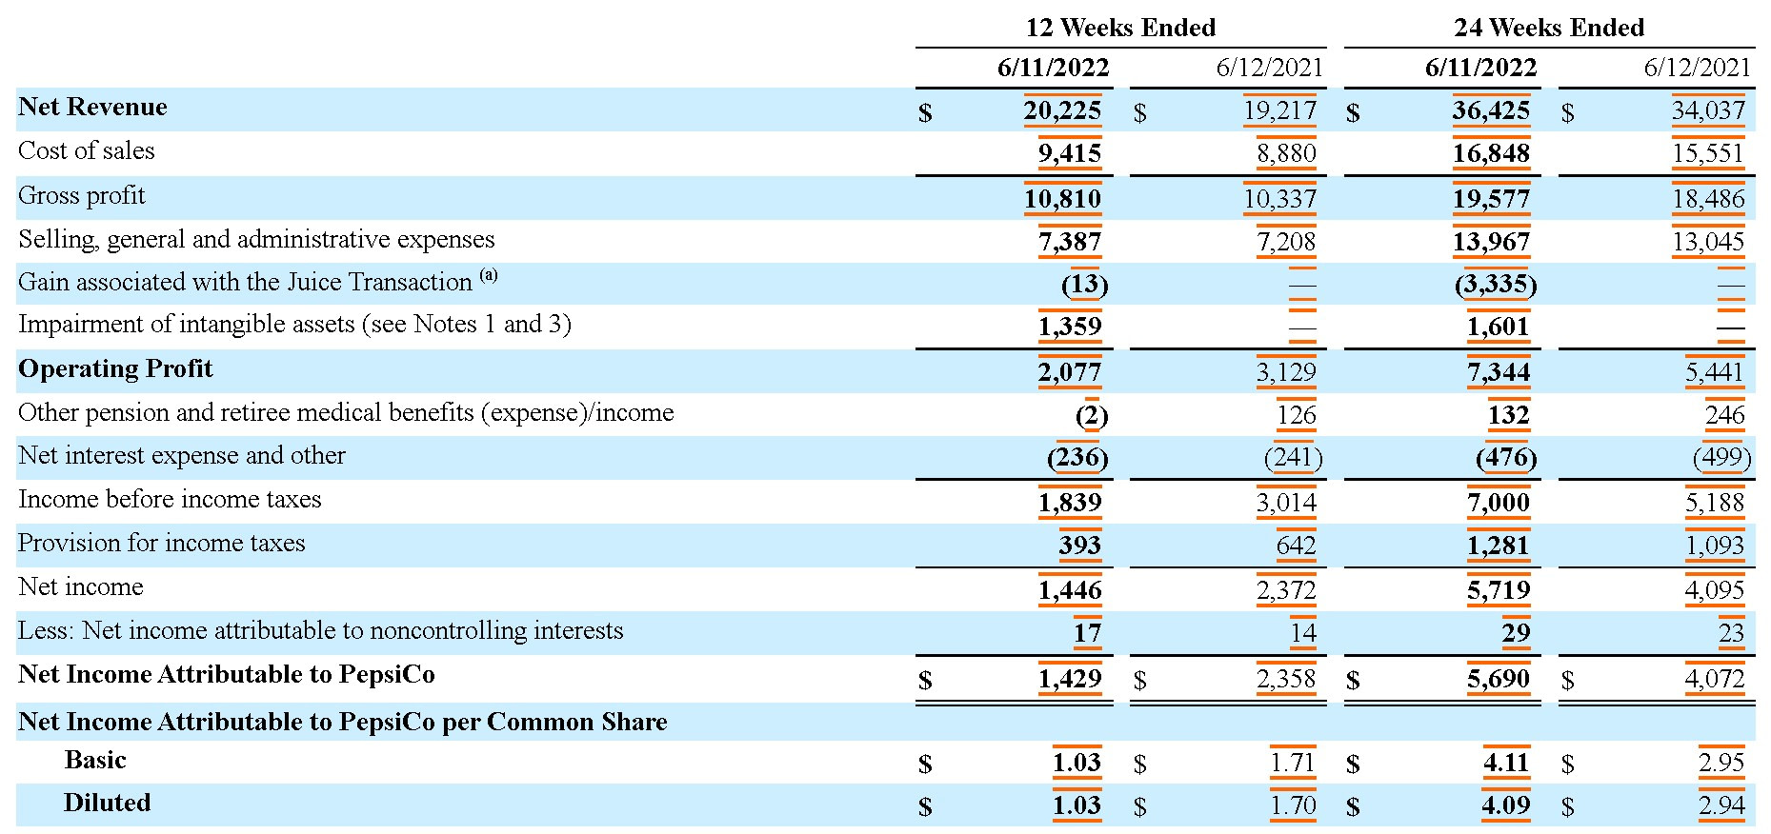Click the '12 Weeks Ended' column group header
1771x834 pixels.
tap(1119, 28)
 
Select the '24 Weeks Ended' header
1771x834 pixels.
tap(1548, 28)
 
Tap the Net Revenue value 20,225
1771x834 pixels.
tap(1062, 110)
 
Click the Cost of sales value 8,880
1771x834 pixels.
tap(1286, 153)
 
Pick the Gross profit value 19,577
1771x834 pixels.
tap(1491, 199)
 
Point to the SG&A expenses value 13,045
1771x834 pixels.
tap(1708, 242)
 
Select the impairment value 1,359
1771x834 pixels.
tap(1069, 327)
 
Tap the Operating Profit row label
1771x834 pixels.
tap(115, 369)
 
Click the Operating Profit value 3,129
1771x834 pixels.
tap(1286, 372)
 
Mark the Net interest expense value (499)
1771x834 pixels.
tap(1721, 458)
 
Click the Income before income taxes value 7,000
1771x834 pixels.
tap(1498, 503)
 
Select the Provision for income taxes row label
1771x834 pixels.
tap(162, 544)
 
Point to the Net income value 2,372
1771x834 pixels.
tap(1286, 591)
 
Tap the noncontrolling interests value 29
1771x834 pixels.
tap(1515, 633)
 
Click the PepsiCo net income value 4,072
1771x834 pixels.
tap(1714, 679)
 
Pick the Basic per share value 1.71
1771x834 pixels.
tap(1292, 763)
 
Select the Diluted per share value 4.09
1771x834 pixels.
tap(1505, 805)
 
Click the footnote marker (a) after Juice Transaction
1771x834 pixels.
tap(488, 276)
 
